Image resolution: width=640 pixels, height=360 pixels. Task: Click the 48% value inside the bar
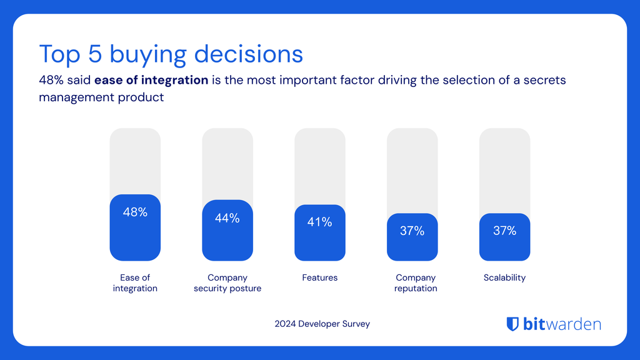tap(135, 212)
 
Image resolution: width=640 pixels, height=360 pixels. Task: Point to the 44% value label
tap(227, 218)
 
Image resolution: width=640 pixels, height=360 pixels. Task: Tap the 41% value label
tap(320, 222)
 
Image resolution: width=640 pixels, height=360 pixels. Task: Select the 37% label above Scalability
tap(504, 231)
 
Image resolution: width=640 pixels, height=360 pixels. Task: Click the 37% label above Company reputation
tap(412, 231)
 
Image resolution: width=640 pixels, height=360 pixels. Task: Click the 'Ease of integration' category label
tap(135, 283)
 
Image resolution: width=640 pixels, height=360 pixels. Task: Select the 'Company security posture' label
tap(227, 283)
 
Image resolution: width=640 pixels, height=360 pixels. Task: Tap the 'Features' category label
tap(320, 277)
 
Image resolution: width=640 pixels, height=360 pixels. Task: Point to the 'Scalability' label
tap(504, 277)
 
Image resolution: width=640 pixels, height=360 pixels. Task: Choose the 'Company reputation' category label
tap(416, 283)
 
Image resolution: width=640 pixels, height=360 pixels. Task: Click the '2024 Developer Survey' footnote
tap(322, 324)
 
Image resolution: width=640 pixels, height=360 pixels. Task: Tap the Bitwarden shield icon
tap(512, 324)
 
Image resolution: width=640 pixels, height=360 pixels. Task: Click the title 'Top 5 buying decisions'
tap(171, 54)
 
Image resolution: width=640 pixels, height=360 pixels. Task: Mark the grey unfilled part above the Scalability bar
tap(504, 169)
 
